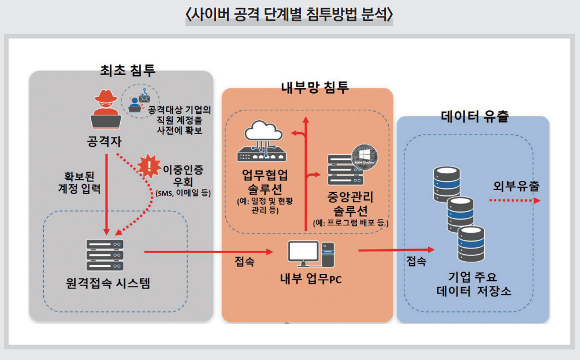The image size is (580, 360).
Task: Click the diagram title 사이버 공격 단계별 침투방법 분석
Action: [x=289, y=14]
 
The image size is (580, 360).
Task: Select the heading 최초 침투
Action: [x=128, y=70]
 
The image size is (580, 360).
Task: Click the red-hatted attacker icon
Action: [x=106, y=109]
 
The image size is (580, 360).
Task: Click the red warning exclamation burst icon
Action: [x=150, y=166]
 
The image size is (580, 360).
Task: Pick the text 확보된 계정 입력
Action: [x=80, y=181]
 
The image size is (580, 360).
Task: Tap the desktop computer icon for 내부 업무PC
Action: [x=310, y=254]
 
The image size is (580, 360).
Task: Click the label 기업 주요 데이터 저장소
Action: [x=474, y=283]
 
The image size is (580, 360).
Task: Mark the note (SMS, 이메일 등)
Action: [x=183, y=193]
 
